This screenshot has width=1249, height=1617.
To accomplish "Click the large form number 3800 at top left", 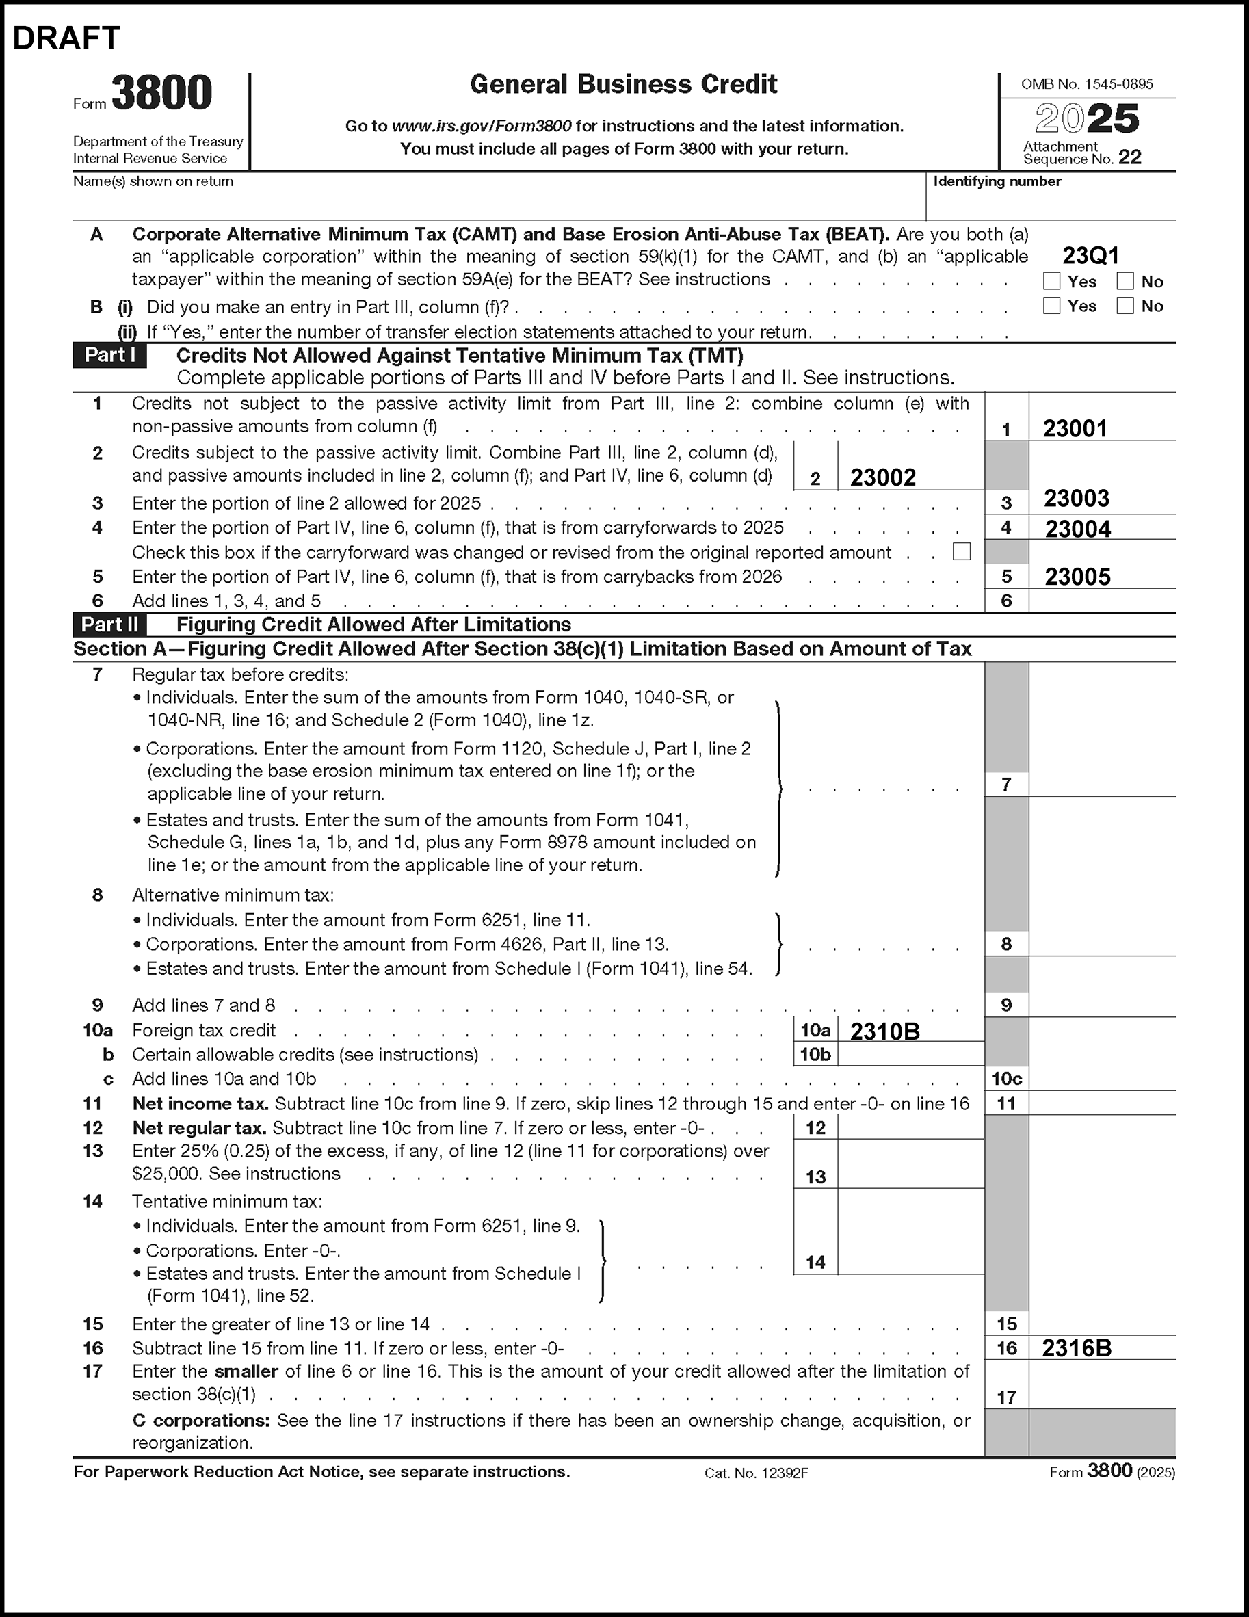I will click(x=161, y=93).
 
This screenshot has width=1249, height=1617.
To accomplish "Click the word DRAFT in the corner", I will click(x=66, y=38).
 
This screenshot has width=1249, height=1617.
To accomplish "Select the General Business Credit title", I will click(x=623, y=84).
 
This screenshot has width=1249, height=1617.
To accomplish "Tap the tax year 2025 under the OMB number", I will click(x=1086, y=119).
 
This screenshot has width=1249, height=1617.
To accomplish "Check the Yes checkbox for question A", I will click(x=1051, y=281).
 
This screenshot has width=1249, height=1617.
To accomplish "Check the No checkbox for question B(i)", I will click(x=1125, y=306).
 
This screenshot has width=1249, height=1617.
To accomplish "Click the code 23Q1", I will click(x=1090, y=257).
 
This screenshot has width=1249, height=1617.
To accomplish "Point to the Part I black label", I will click(x=109, y=356).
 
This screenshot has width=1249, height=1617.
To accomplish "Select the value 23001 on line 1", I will click(x=1075, y=429).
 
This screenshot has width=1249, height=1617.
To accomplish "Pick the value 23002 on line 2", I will click(x=882, y=477).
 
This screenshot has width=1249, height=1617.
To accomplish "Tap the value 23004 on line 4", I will click(x=1077, y=529).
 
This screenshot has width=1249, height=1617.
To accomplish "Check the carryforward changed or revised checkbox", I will click(x=962, y=551).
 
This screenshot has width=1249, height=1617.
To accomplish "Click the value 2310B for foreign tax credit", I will click(x=884, y=1031).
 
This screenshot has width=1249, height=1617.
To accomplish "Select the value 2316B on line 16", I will click(x=1077, y=1348).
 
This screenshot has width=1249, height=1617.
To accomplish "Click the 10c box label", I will click(x=1006, y=1079).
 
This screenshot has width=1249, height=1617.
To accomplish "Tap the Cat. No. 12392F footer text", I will click(x=756, y=1473).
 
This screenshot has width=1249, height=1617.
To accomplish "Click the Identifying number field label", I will click(x=997, y=181).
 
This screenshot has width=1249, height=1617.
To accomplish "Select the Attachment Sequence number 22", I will click(x=1130, y=157).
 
